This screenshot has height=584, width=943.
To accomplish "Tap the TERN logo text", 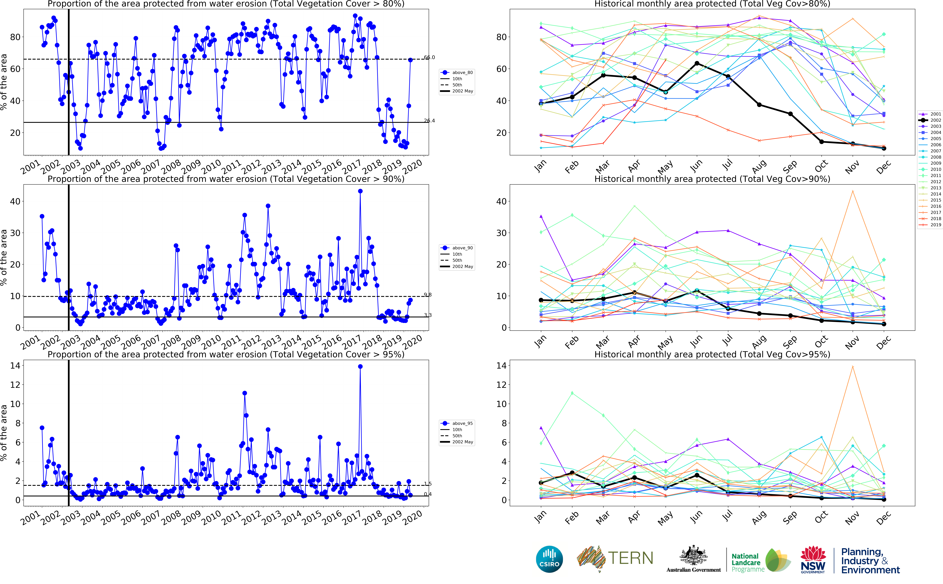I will pos(630,558).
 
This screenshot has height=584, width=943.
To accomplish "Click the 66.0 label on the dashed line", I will pos(429,57).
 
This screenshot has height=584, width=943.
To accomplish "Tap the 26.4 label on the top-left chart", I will pos(429,120).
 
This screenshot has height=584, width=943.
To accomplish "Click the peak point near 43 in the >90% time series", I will pos(360,191).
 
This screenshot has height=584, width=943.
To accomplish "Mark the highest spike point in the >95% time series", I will pos(360,367).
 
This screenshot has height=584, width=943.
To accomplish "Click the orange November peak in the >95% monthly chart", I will pos(853,367).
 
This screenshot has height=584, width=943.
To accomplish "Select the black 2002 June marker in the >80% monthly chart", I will pos(697,63).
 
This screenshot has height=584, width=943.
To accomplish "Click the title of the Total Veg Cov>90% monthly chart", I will pos(712,179).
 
